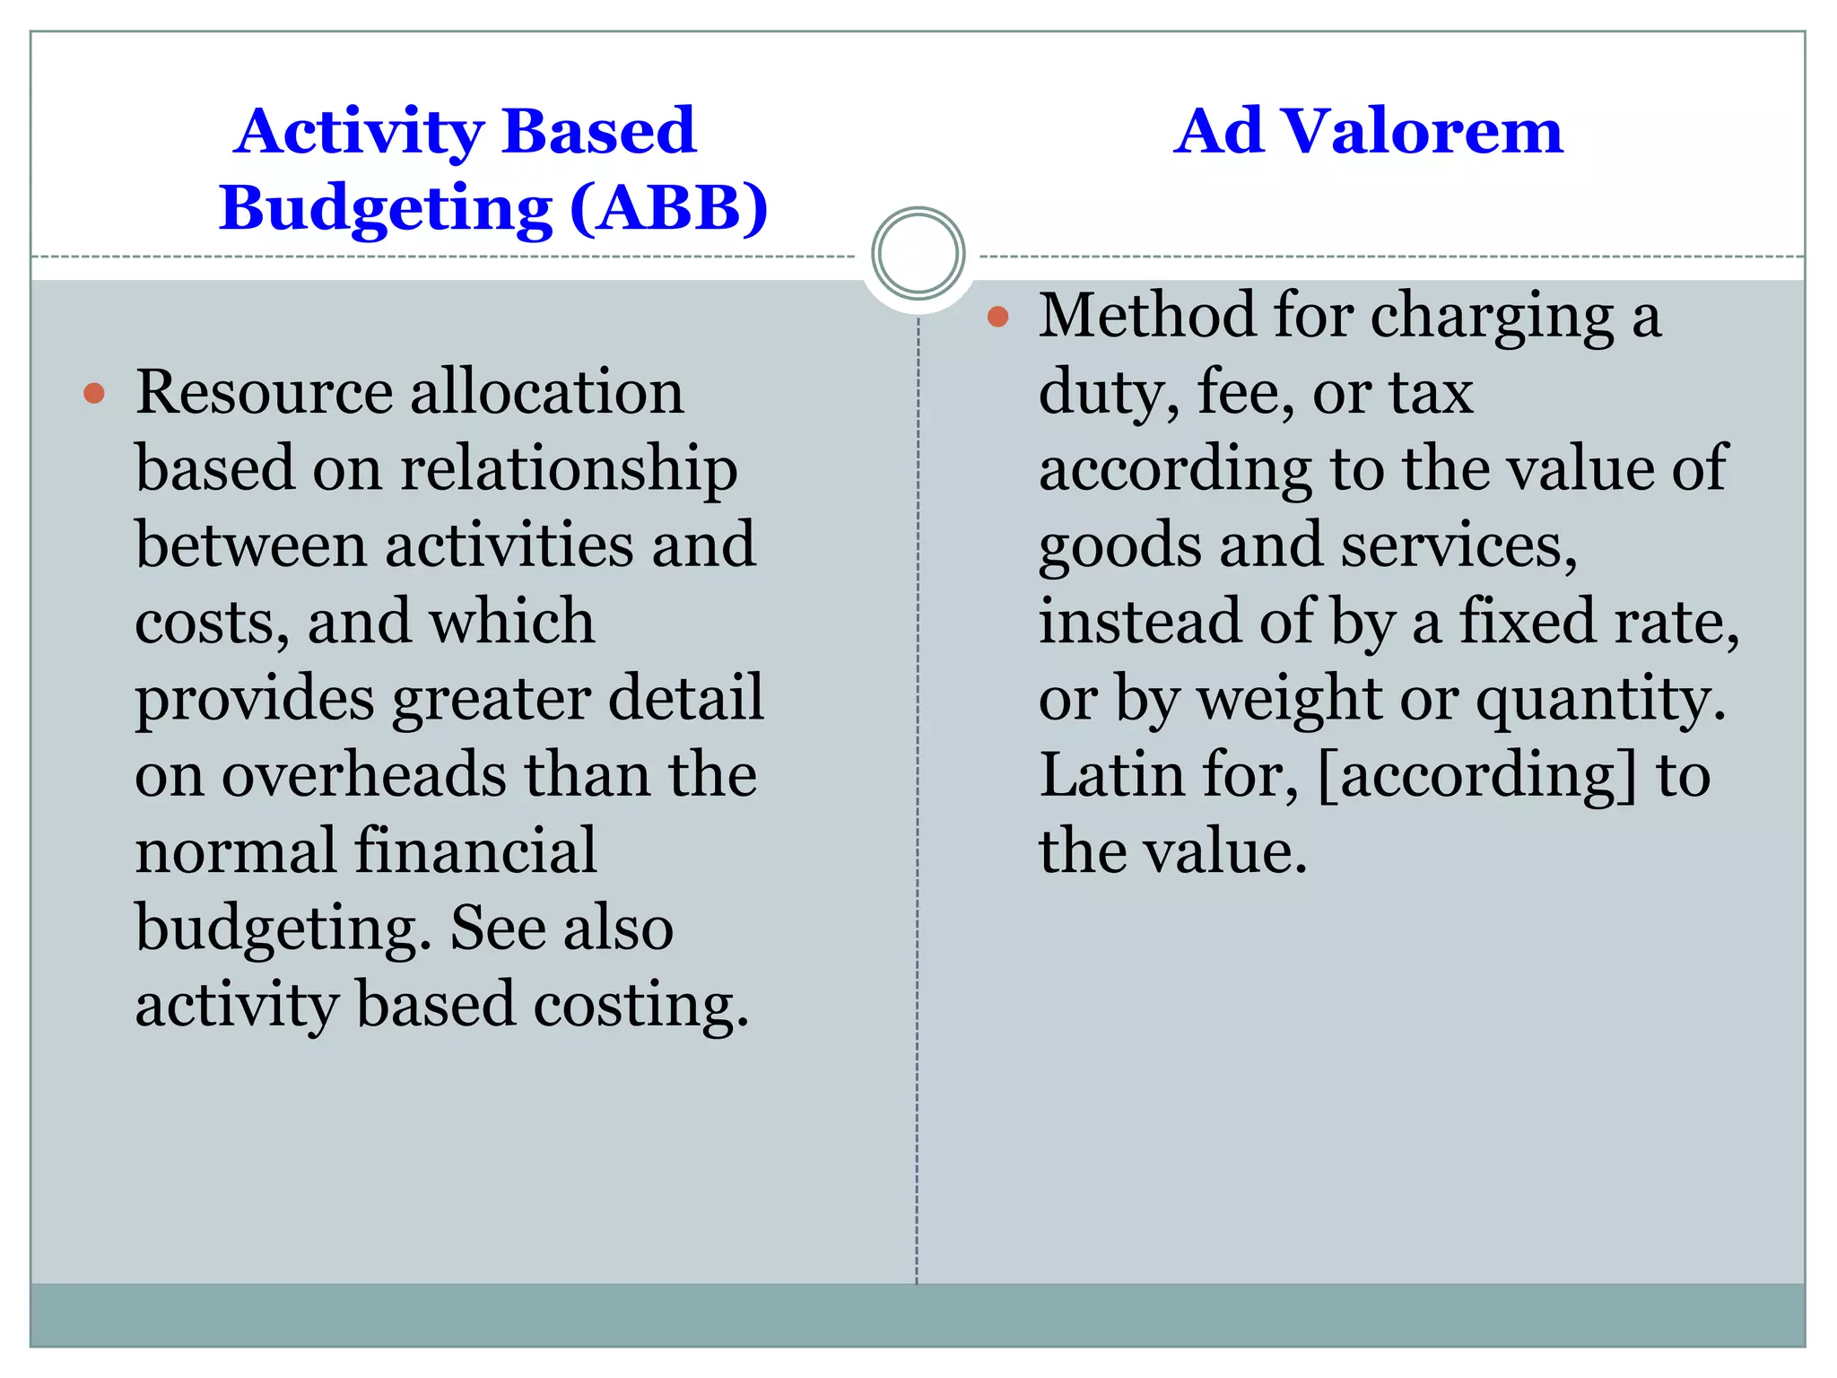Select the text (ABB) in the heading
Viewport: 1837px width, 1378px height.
click(x=669, y=208)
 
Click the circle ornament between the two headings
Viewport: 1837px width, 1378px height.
click(x=918, y=253)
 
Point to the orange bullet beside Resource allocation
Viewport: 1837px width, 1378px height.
click(x=94, y=393)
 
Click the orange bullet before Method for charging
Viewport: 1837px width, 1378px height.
click(x=997, y=316)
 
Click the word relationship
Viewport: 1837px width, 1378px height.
click(x=569, y=470)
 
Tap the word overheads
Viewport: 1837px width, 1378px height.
click(x=364, y=775)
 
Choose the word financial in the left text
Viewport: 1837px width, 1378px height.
click(x=475, y=851)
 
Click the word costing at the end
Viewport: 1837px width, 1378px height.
click(x=640, y=1005)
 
